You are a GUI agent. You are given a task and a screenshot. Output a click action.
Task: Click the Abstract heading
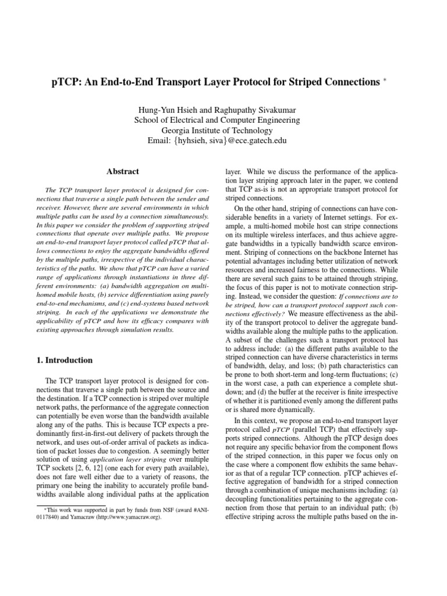(123, 172)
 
